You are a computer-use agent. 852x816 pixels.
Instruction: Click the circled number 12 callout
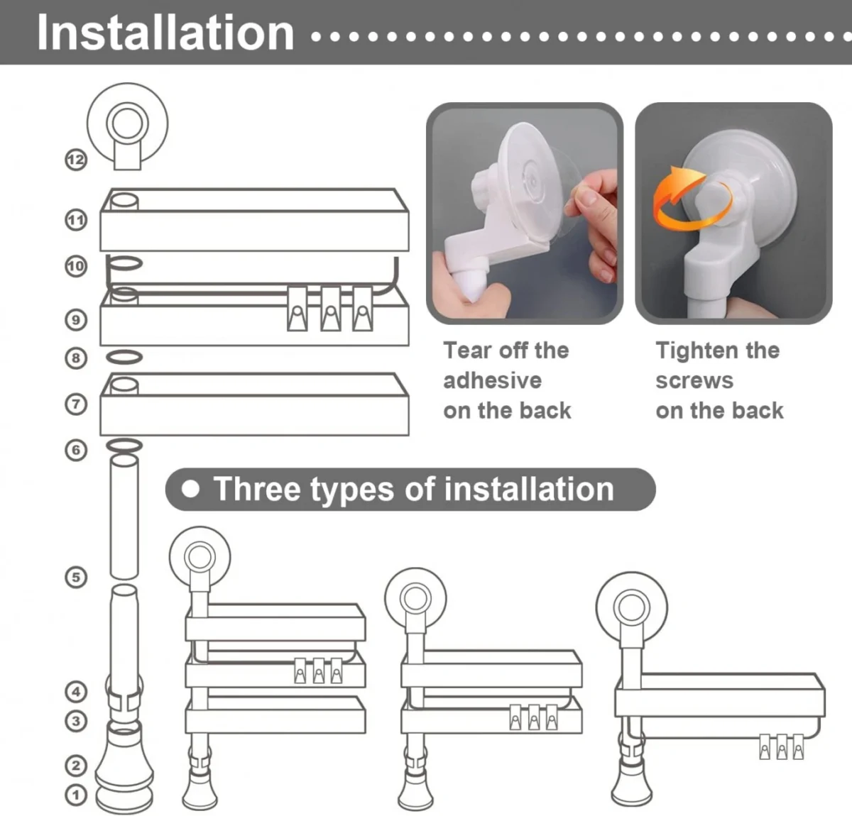(x=76, y=160)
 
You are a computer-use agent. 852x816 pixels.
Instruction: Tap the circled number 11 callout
(x=76, y=220)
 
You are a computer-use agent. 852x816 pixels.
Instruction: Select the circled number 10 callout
(x=76, y=267)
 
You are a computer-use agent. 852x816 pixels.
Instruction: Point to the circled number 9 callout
(x=76, y=320)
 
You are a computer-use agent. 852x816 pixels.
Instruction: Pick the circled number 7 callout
(x=76, y=404)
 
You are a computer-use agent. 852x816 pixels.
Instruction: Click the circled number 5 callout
(x=76, y=577)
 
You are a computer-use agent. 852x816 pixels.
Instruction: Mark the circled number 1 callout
(x=76, y=795)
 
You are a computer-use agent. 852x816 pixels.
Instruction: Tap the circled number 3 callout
(x=76, y=721)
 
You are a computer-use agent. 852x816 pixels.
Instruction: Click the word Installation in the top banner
(x=165, y=33)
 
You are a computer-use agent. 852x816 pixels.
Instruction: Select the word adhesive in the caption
(x=493, y=380)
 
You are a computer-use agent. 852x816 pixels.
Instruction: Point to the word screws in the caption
(x=694, y=380)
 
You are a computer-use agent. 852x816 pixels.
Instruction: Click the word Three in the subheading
(x=258, y=489)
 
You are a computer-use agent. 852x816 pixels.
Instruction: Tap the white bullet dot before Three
(x=190, y=489)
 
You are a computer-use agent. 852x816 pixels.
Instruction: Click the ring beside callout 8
(x=124, y=357)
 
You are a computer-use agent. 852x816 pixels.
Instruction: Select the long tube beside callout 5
(x=124, y=517)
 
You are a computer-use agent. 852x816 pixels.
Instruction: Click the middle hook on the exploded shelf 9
(x=331, y=309)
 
